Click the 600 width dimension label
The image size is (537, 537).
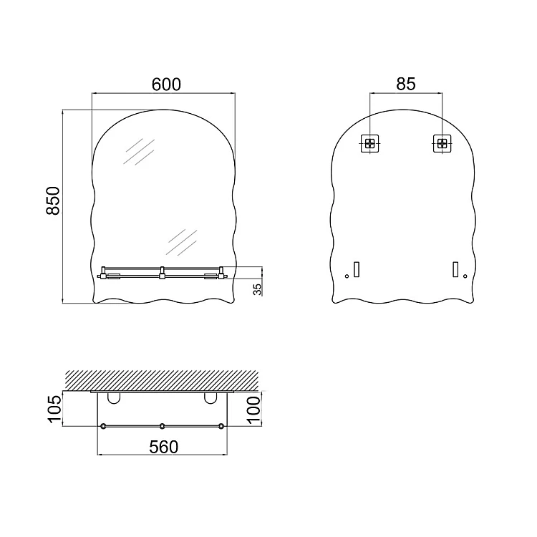click(166, 84)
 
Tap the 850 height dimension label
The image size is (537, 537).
click(53, 200)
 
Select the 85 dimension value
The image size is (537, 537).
click(406, 84)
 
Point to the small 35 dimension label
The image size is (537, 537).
click(257, 289)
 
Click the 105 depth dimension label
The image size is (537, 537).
click(54, 409)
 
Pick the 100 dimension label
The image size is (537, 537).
click(253, 410)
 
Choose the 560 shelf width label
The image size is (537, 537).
click(164, 447)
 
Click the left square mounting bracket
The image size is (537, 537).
click(369, 143)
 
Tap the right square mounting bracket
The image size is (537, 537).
click(442, 143)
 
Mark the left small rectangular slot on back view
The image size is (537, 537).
click(357, 269)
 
